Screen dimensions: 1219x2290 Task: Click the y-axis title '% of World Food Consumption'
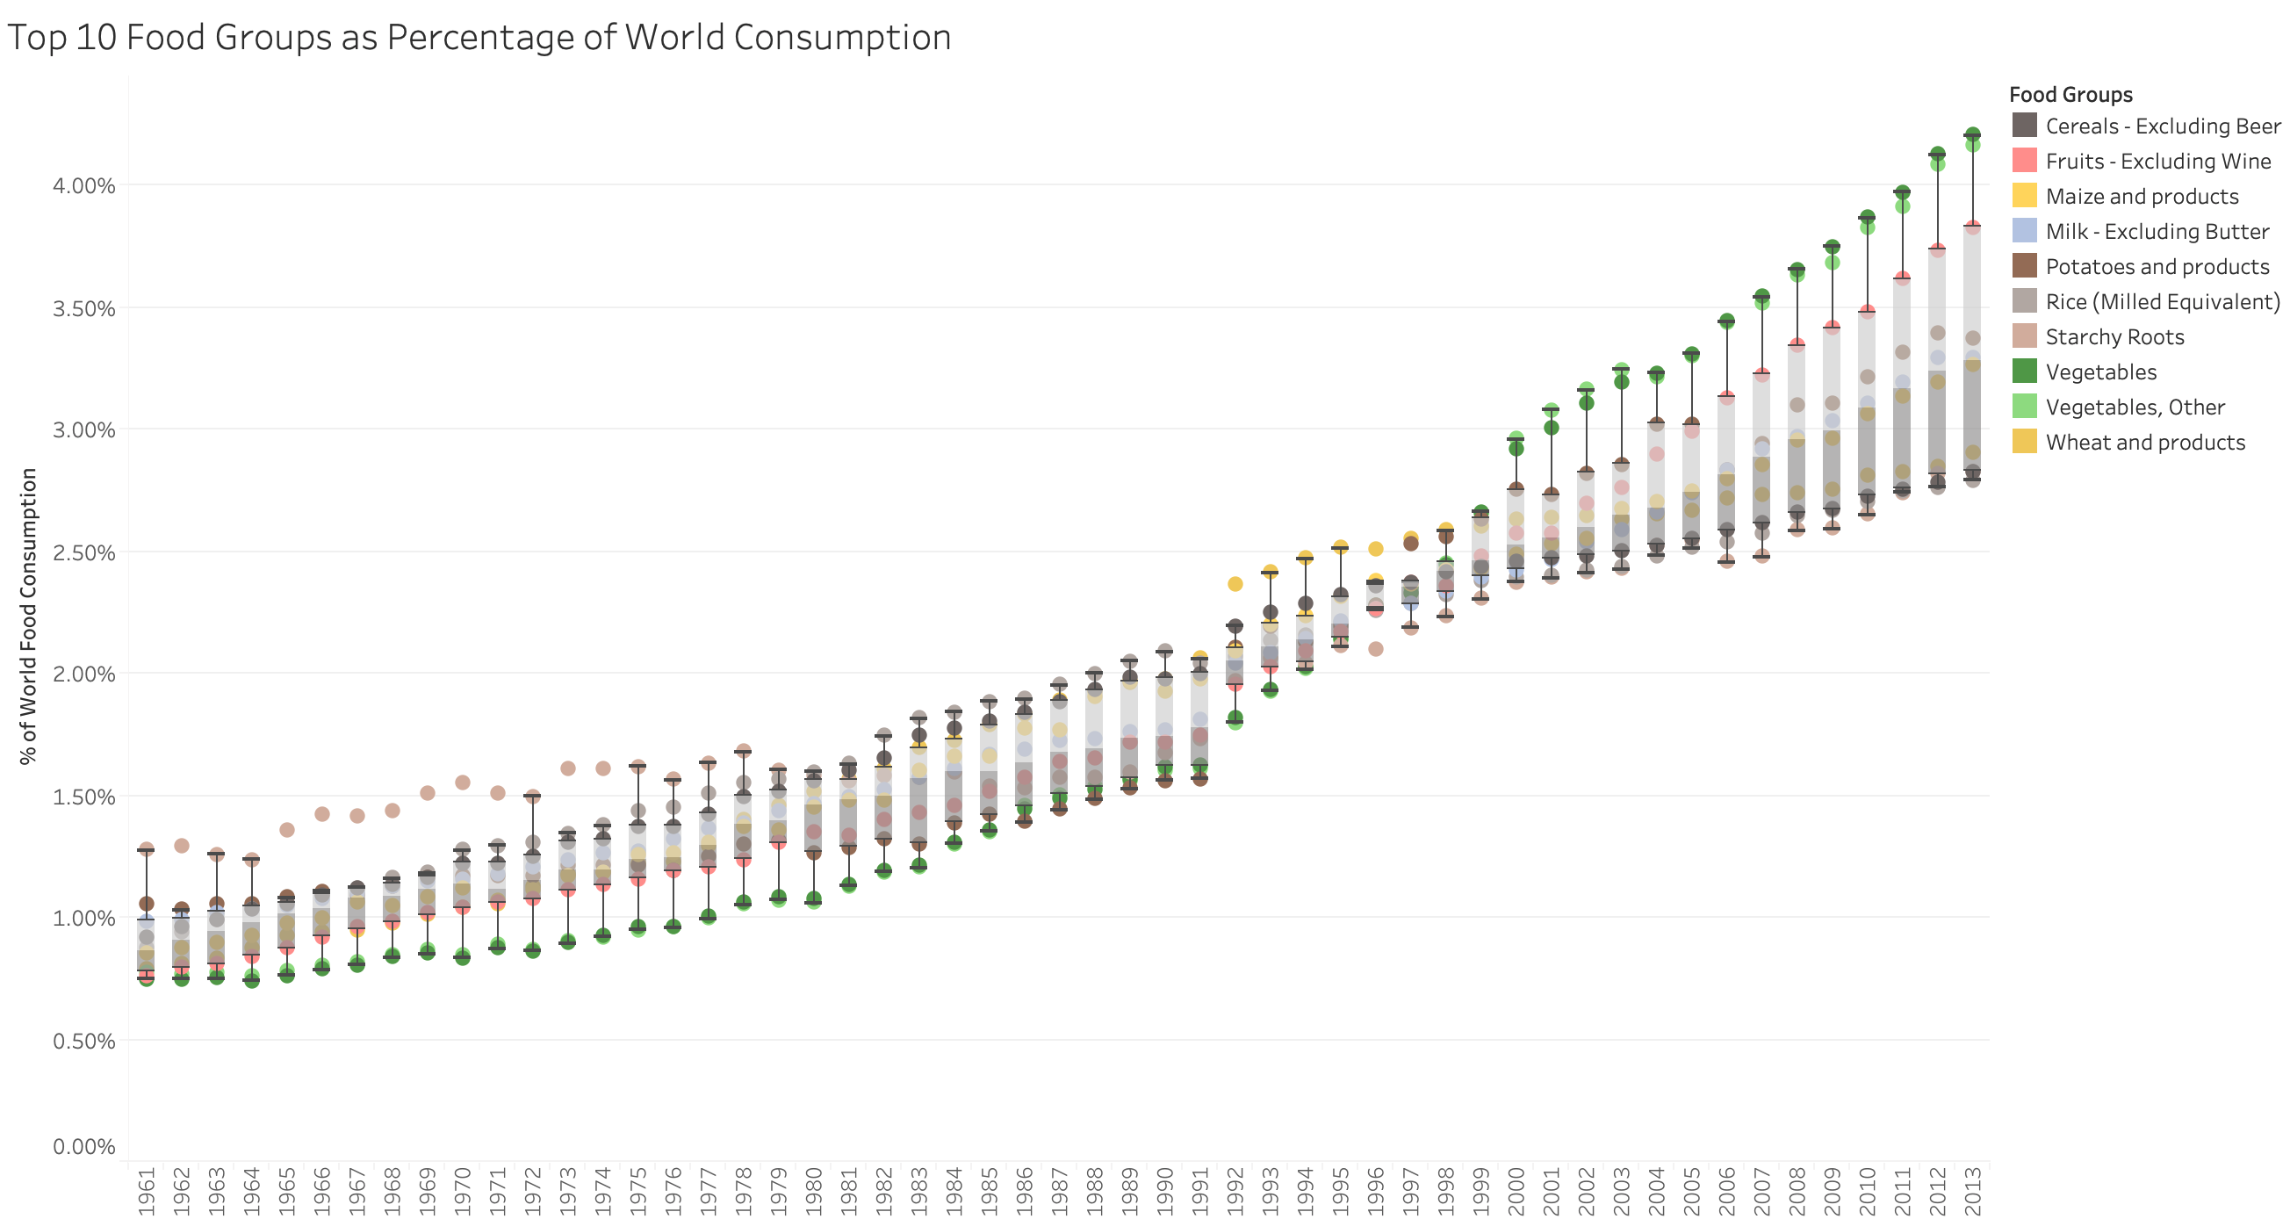click(x=28, y=616)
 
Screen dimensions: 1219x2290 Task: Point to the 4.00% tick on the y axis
click(x=83, y=186)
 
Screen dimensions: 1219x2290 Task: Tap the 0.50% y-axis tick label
click(x=83, y=1041)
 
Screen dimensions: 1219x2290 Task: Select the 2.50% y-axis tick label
click(x=83, y=552)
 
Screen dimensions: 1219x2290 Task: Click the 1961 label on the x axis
click(x=147, y=1191)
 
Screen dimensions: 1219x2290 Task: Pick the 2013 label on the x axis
click(x=1972, y=1191)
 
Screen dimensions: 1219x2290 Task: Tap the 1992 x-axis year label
click(x=1235, y=1191)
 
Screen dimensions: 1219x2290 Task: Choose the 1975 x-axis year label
click(x=637, y=1191)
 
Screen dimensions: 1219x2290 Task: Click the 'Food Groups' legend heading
click(x=2070, y=94)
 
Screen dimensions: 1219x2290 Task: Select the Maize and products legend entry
click(x=2142, y=196)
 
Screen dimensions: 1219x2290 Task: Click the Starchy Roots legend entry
click(x=2114, y=336)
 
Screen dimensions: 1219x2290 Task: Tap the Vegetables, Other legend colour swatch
click(x=2024, y=407)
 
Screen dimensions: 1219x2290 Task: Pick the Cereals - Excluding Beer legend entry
click(x=2162, y=126)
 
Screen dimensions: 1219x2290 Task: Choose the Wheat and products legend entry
click(x=2144, y=442)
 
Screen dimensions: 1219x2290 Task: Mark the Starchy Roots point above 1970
click(x=462, y=783)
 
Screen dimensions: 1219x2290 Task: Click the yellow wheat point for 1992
click(x=1235, y=584)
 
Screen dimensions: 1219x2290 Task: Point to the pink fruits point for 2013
click(x=1972, y=228)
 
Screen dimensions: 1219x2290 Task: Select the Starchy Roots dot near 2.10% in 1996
click(x=1375, y=649)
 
